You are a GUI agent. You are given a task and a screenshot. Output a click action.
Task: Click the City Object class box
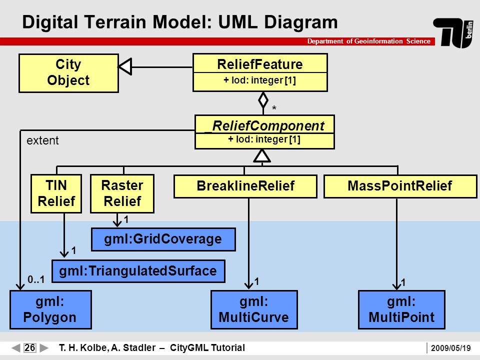coord(68,73)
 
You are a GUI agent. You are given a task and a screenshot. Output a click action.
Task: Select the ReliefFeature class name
coord(260,64)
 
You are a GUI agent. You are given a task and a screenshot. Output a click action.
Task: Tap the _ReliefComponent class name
coord(264,126)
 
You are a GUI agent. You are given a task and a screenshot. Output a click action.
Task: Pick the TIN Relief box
coord(56,193)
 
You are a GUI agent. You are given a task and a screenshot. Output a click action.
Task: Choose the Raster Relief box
coord(122,193)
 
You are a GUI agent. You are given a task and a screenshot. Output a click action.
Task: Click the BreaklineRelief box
coord(245,186)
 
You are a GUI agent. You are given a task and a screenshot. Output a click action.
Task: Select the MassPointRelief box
coord(400,186)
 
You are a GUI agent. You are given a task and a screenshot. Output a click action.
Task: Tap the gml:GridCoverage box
coord(163,239)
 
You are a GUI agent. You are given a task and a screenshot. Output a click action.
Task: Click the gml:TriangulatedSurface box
coord(138,271)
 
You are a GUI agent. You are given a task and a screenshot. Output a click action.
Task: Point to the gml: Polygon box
coord(50,309)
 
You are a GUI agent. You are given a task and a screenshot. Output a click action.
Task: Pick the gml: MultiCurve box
coord(254,309)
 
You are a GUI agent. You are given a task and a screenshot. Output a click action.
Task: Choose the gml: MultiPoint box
coord(401,309)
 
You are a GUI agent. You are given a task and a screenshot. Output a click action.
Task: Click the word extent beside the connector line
coord(42,140)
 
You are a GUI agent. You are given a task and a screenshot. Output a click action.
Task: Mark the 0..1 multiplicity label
coord(36,279)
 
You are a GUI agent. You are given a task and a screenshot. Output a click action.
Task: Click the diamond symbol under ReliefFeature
coord(263,100)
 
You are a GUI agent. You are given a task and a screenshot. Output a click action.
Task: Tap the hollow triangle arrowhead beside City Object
coord(125,66)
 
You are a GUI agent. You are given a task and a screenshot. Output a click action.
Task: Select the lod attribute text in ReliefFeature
coord(259,80)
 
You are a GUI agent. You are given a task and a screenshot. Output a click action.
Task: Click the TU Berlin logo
coord(453,33)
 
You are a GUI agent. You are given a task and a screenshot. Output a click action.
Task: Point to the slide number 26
coord(29,348)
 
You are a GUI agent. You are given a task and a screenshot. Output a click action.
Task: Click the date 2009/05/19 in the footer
coord(450,348)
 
